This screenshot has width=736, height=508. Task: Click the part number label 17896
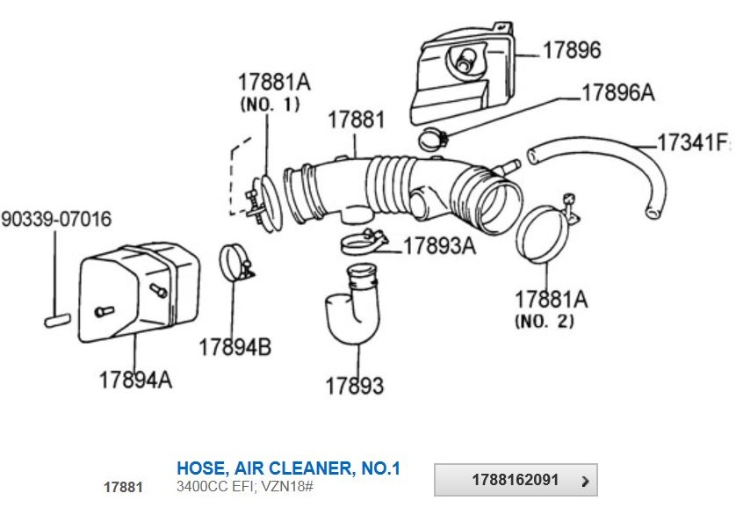pyautogui.click(x=572, y=50)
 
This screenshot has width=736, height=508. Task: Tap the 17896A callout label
pyautogui.click(x=617, y=93)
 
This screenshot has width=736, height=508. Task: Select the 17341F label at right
pyautogui.click(x=693, y=142)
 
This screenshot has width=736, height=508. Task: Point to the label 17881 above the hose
pyautogui.click(x=357, y=120)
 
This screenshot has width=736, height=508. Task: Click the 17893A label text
pyautogui.click(x=439, y=245)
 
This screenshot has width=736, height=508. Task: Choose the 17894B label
pyautogui.click(x=235, y=347)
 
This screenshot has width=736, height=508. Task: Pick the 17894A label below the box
pyautogui.click(x=135, y=380)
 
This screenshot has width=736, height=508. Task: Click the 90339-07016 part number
pyautogui.click(x=56, y=219)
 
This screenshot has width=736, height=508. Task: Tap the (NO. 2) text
pyautogui.click(x=545, y=321)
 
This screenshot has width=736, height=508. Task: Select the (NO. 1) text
pyautogui.click(x=270, y=104)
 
